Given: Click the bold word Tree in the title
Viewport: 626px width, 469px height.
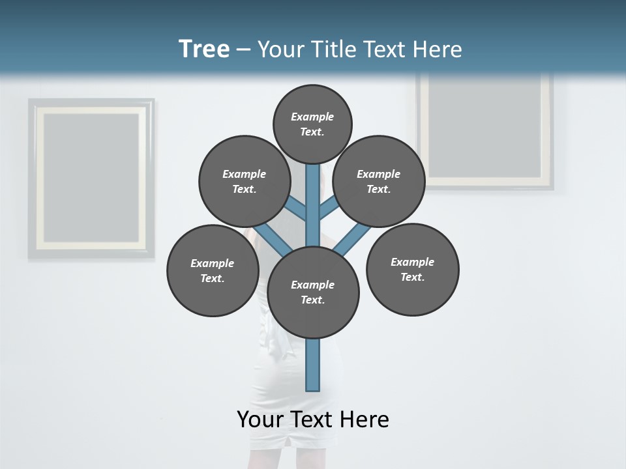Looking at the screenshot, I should click(x=204, y=50).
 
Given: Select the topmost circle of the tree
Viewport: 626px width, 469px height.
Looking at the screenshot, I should click(x=312, y=124).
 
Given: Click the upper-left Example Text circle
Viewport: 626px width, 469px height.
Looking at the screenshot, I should click(x=244, y=182).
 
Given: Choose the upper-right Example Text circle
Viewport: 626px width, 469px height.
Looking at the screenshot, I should click(x=379, y=182).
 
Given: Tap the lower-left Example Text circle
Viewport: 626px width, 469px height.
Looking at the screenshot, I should click(x=213, y=270).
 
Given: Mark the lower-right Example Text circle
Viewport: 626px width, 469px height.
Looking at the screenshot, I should click(x=412, y=269).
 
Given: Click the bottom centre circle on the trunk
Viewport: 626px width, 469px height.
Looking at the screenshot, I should click(x=313, y=292).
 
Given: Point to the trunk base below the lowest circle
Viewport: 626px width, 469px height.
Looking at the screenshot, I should click(x=313, y=365).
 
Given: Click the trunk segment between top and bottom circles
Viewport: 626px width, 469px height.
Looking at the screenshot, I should click(x=313, y=205).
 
